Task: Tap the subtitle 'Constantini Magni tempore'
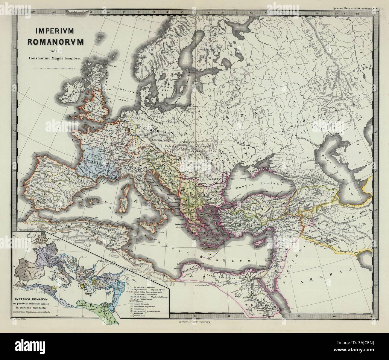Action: [56, 59]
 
